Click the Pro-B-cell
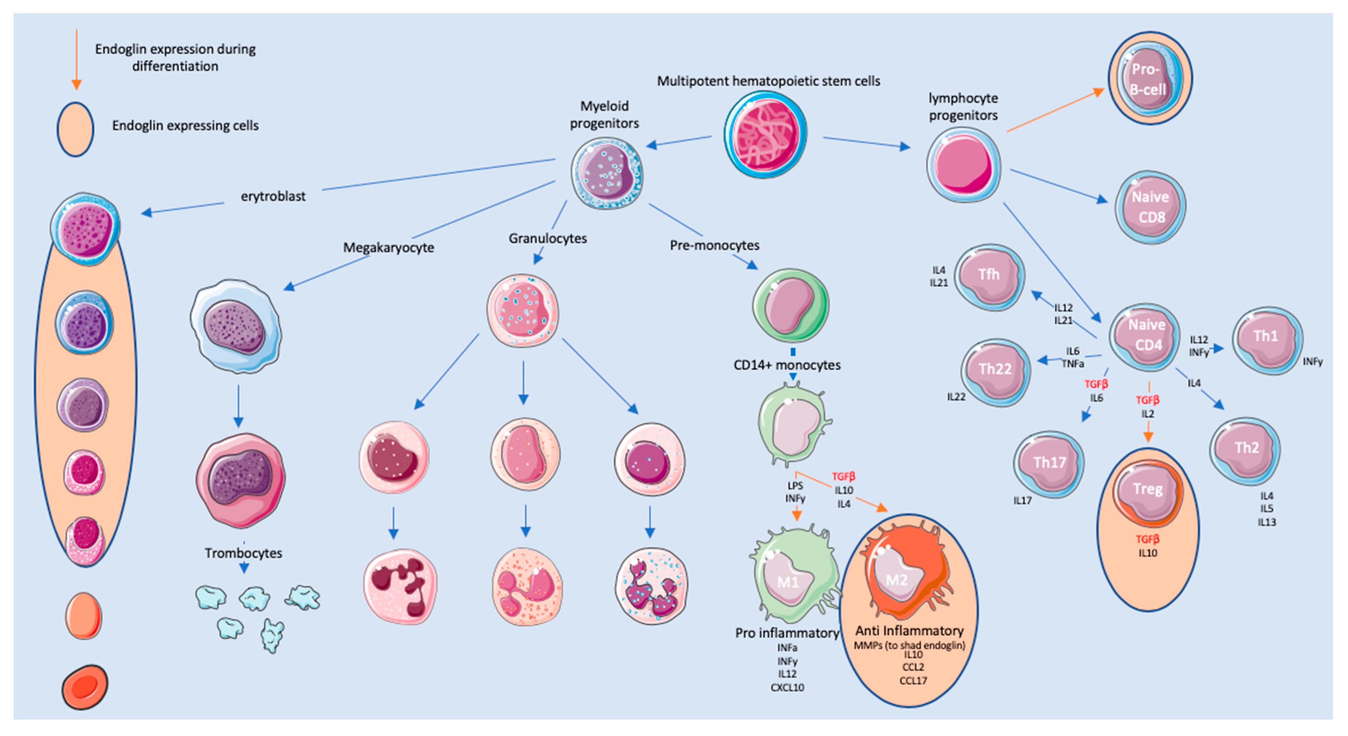(1150, 78)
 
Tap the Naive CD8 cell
(1150, 207)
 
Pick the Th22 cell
(995, 371)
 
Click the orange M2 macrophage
(905, 575)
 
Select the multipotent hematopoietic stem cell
(765, 134)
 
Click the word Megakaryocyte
(388, 247)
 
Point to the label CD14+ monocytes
(787, 365)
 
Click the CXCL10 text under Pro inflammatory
(787, 687)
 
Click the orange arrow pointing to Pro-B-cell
(1055, 111)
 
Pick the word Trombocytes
(243, 553)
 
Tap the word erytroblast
(273, 197)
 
